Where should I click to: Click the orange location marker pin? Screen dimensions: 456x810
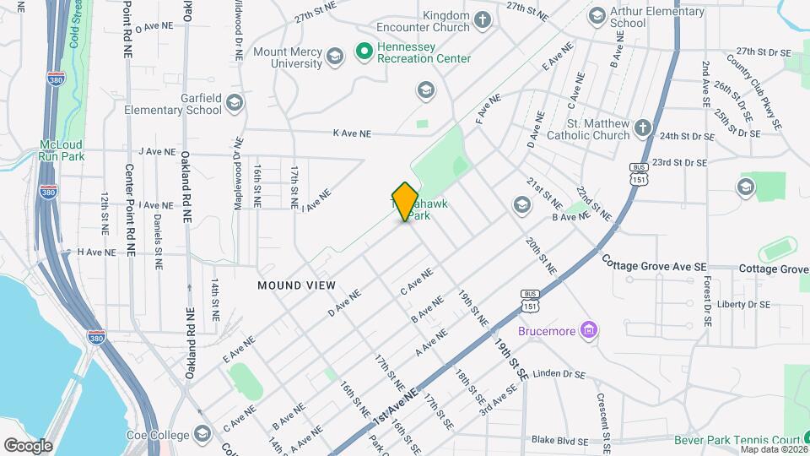(406, 201)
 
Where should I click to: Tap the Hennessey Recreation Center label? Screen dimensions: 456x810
(413, 53)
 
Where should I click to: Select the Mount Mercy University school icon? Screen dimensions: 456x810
(334, 57)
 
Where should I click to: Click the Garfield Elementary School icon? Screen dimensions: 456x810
(234, 103)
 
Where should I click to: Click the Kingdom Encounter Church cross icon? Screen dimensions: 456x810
(482, 20)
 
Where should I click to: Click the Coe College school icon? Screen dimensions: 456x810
(202, 434)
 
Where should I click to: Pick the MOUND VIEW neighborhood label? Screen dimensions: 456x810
(296, 285)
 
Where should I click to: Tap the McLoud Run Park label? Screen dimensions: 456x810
(62, 150)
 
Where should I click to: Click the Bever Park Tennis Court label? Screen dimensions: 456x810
(737, 440)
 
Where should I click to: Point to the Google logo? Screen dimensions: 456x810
(28, 445)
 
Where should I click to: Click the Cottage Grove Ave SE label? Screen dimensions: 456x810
(655, 267)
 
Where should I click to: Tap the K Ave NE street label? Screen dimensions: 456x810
(352, 133)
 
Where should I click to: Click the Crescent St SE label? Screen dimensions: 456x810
(602, 414)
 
